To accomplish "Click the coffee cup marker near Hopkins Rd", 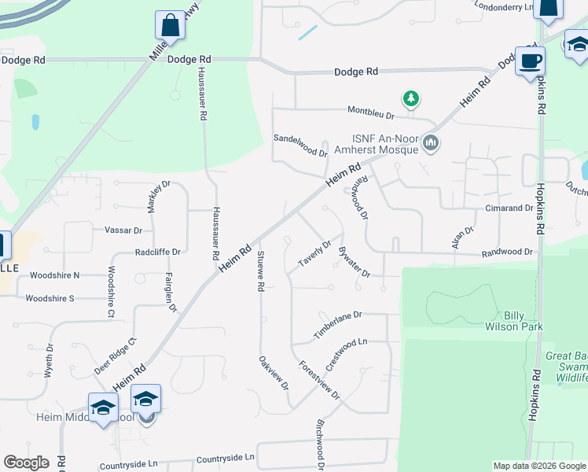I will (531, 61).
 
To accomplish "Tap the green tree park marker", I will (410, 99).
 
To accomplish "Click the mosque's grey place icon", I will (430, 143).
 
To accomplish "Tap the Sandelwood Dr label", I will (300, 145).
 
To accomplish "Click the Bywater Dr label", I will (353, 262).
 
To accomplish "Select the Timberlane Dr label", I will (337, 324).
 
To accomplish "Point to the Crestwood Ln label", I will (347, 356).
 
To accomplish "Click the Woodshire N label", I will (53, 276).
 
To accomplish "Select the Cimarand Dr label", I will (508, 208).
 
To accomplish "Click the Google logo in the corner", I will (26, 463).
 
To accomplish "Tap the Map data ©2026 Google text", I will (538, 466).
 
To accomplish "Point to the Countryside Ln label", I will (226, 457).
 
